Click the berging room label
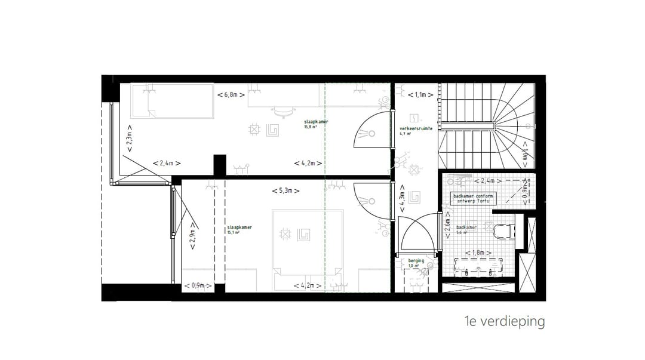[x=416, y=263]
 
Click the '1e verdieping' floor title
[x=507, y=322]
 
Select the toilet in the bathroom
[x=503, y=230]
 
